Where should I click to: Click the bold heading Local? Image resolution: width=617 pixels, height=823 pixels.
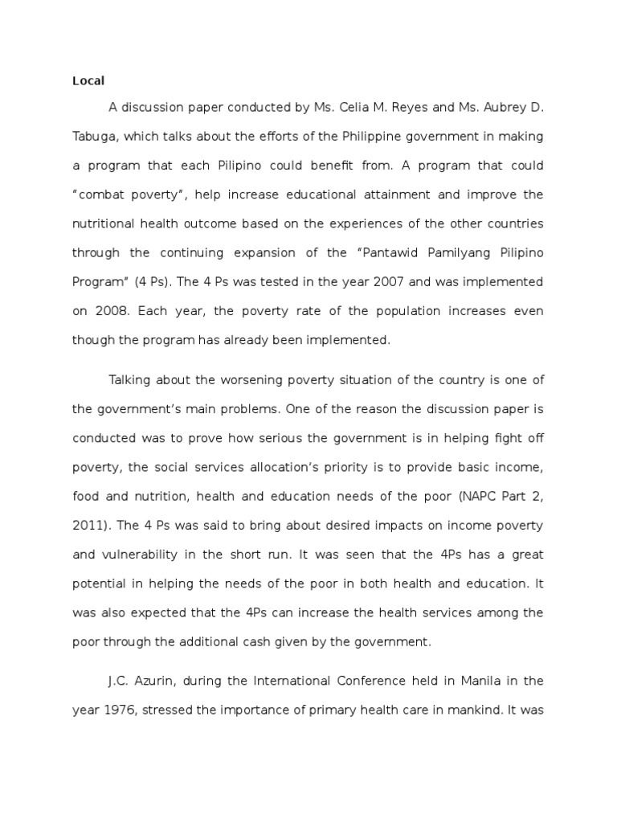point(89,80)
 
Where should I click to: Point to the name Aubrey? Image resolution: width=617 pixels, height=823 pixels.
point(501,109)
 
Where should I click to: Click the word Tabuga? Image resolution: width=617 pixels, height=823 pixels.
point(96,137)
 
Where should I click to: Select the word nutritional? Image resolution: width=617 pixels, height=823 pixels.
point(107,223)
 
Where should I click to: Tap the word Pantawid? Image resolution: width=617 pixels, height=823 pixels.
point(384,252)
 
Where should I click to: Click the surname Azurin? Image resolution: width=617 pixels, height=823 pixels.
point(152,681)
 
